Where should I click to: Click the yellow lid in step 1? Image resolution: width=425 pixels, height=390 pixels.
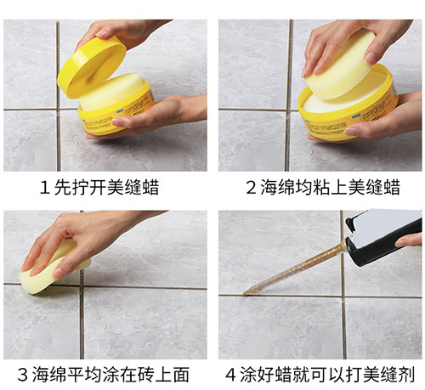coord(91,68)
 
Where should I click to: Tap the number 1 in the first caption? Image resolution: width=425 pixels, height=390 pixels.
coord(44,188)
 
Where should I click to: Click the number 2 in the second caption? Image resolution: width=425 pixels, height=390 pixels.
coord(251,188)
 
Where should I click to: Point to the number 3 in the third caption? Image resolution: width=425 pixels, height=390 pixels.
coord(23,374)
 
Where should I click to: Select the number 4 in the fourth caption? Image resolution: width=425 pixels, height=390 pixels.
coord(230,374)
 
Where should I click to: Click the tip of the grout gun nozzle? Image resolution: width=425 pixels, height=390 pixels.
coord(244,295)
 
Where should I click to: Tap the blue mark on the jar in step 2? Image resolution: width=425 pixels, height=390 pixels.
coord(355,116)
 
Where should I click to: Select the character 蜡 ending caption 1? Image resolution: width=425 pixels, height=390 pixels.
coord(150,187)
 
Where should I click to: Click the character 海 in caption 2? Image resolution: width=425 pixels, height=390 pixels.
coord(269,187)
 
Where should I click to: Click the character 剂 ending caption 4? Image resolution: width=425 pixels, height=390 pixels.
coord(406,374)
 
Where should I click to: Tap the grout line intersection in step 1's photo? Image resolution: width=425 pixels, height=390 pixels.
coord(59,110)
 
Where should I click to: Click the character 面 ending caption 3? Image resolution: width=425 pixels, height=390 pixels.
coord(181,374)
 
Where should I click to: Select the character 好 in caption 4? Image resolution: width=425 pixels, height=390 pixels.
coord(265,374)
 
